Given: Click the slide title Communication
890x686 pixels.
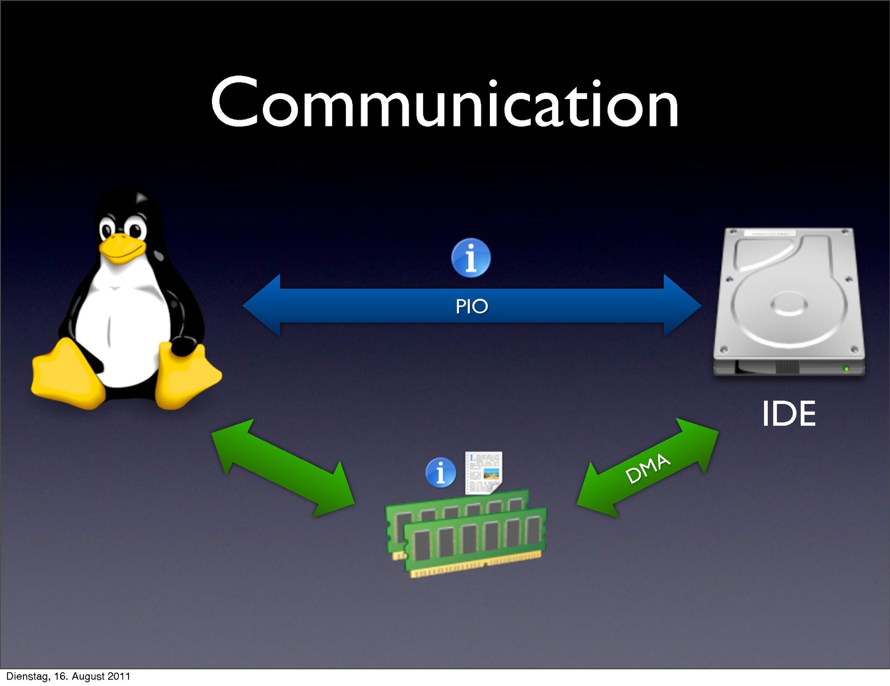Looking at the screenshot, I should click(x=445, y=104).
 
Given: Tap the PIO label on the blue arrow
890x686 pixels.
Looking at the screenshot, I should click(x=472, y=307).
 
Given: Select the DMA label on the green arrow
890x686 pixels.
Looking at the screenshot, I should click(x=647, y=469).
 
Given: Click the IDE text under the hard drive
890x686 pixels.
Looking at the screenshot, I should click(x=788, y=414).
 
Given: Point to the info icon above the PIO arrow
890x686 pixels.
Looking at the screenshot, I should click(x=471, y=257).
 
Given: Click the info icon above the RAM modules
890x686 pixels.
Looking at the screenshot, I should click(x=441, y=473).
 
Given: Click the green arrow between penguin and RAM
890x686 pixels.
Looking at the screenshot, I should click(x=283, y=468).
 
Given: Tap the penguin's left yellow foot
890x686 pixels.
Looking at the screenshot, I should click(x=67, y=375).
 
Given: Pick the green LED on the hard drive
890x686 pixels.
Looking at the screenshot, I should click(x=846, y=368).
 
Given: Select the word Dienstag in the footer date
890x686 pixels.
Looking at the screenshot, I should click(x=27, y=676).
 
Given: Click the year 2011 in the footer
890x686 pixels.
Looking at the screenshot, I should click(x=119, y=676).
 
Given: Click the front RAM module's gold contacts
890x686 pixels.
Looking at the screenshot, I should click(x=474, y=568).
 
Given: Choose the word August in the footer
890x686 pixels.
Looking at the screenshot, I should click(x=89, y=676).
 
